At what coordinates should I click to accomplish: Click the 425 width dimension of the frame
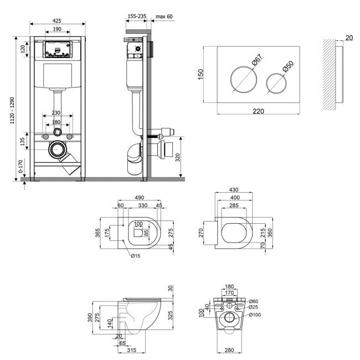click(56, 20)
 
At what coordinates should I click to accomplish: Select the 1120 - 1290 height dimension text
click(12, 110)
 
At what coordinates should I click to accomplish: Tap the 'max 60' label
click(164, 17)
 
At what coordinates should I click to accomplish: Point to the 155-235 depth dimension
click(137, 16)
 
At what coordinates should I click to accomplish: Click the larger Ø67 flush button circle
click(244, 80)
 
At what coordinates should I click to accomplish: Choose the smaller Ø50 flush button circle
click(276, 83)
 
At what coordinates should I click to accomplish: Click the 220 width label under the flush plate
click(258, 111)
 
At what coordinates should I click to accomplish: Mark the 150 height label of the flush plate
click(200, 74)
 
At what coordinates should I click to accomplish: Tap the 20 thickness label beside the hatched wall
click(349, 38)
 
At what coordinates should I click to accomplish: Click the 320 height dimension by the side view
click(178, 157)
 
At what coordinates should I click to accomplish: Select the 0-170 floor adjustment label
click(20, 167)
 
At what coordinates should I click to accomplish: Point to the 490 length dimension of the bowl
click(140, 198)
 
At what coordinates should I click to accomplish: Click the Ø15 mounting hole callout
click(136, 256)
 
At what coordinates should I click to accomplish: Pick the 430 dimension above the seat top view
click(234, 189)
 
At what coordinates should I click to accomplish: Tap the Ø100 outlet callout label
click(255, 315)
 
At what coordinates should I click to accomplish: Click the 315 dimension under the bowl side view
click(132, 350)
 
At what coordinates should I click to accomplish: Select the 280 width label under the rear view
click(229, 350)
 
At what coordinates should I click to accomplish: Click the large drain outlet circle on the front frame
click(56, 150)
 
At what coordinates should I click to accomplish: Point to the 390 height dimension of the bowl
click(90, 317)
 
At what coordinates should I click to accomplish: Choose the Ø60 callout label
click(254, 301)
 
